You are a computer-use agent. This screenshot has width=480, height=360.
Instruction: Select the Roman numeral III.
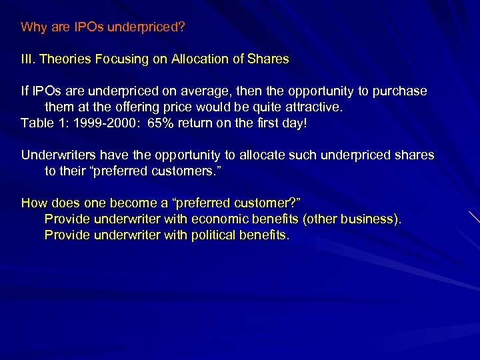pyautogui.click(x=28, y=59)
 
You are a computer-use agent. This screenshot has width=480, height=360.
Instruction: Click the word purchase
pyautogui.click(x=401, y=91)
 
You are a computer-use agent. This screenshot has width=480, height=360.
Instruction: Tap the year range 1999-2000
pyautogui.click(x=101, y=123)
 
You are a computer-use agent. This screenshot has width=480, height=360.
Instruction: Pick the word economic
pyautogui.click(x=221, y=219)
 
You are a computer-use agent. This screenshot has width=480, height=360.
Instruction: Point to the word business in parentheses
pyautogui.click(x=371, y=219)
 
